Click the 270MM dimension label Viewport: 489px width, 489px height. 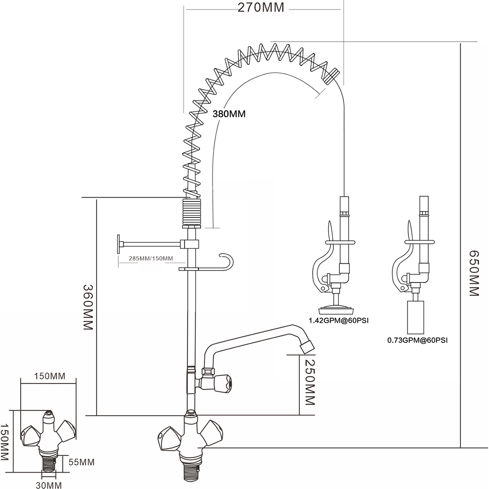click(x=261, y=7)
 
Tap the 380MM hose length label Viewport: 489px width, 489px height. click(x=229, y=114)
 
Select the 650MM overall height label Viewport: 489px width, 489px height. click(x=473, y=273)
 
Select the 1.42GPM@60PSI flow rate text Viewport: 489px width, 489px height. click(x=338, y=321)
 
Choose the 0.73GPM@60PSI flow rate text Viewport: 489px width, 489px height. click(x=417, y=340)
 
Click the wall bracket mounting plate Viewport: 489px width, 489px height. click(x=118, y=244)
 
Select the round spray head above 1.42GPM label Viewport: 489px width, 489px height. click(x=337, y=310)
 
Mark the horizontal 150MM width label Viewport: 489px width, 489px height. click(x=49, y=376)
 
